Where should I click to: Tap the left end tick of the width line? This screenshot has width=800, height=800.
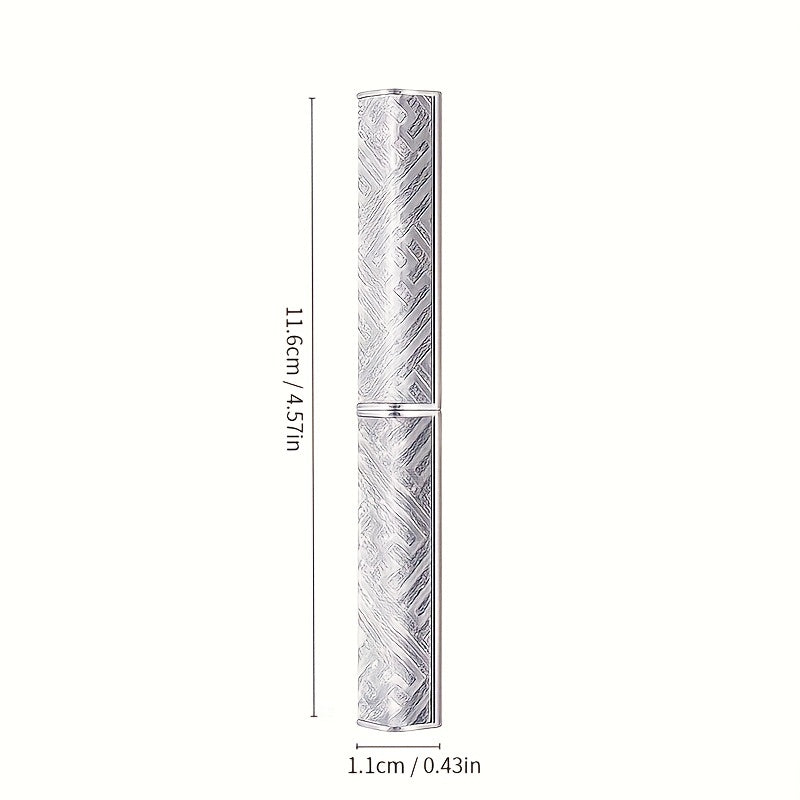tap(357, 745)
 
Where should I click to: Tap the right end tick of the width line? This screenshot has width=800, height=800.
tap(441, 745)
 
